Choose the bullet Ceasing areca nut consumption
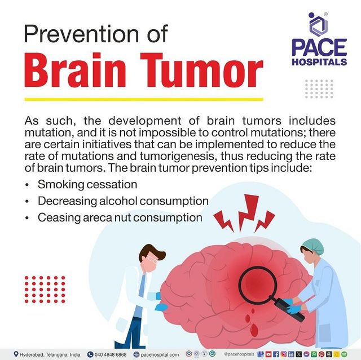click(x=120, y=217)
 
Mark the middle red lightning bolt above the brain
click(x=246, y=211)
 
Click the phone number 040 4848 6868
click(x=110, y=354)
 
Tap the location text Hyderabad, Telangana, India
click(x=51, y=354)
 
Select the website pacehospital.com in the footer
click(x=160, y=354)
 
